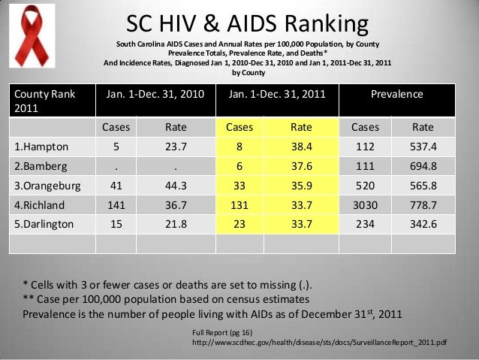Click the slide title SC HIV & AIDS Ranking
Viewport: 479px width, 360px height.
(x=247, y=24)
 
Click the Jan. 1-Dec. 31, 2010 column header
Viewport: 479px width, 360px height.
(x=155, y=95)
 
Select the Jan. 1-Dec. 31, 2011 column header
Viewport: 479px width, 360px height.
(x=277, y=95)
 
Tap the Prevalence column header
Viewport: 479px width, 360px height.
(x=397, y=95)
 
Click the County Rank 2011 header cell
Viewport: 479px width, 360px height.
(x=45, y=101)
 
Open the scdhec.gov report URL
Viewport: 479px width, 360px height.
(x=320, y=342)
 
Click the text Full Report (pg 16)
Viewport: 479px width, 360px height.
(x=223, y=331)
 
